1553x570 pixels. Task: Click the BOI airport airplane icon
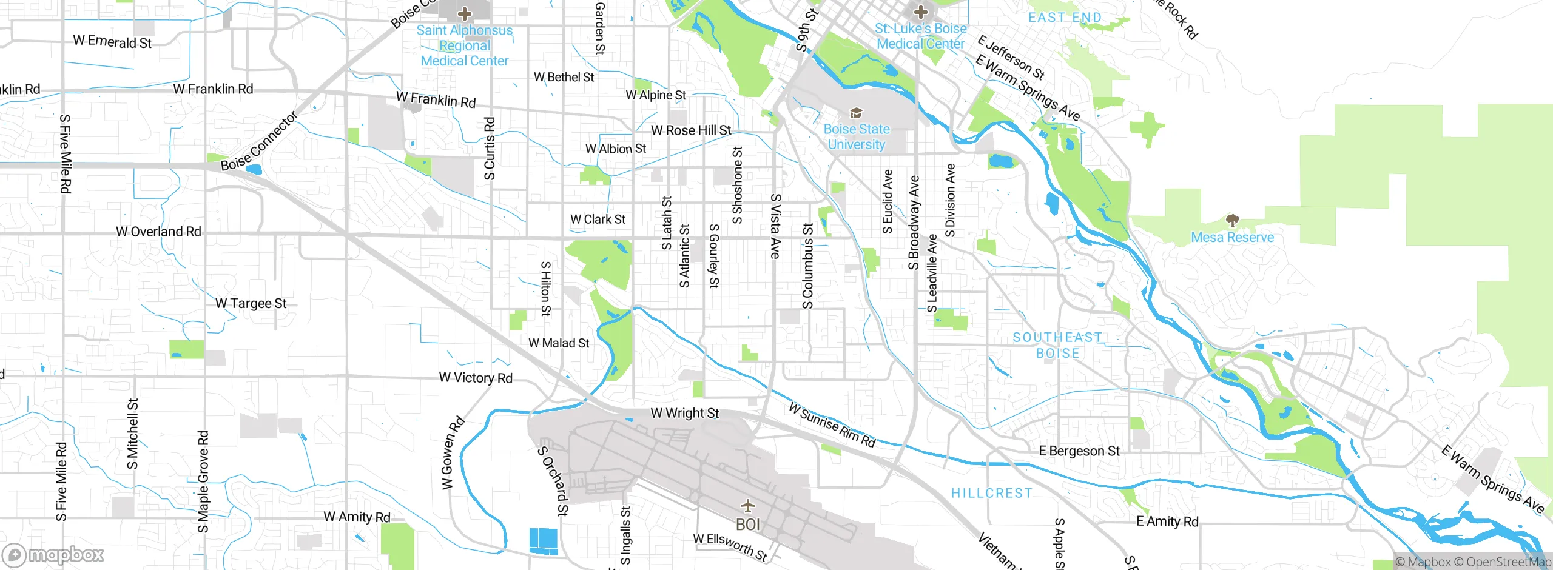pyautogui.click(x=748, y=505)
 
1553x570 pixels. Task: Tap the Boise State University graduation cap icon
pyautogui.click(x=856, y=113)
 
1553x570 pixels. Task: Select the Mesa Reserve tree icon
pyautogui.click(x=1232, y=220)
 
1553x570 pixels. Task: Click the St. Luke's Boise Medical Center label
pyautogui.click(x=920, y=36)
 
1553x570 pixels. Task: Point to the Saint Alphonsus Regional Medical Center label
pyautogui.click(x=465, y=45)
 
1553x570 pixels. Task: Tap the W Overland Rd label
pyautogui.click(x=158, y=232)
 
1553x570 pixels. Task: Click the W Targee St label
pyautogui.click(x=251, y=303)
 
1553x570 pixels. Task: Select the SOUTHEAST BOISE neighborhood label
pyautogui.click(x=1057, y=345)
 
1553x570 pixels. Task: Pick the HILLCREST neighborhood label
pyautogui.click(x=991, y=493)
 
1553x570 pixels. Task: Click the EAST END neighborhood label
pyautogui.click(x=1065, y=18)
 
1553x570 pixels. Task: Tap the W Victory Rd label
pyautogui.click(x=476, y=378)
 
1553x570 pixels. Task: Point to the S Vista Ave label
pyautogui.click(x=775, y=226)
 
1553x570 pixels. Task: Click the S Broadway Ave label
pyautogui.click(x=914, y=223)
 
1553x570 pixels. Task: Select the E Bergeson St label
pyautogui.click(x=1079, y=451)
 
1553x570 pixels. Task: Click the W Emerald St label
pyautogui.click(x=112, y=42)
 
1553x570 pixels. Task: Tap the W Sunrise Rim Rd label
pyautogui.click(x=832, y=425)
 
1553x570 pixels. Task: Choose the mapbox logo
pyautogui.click(x=53, y=555)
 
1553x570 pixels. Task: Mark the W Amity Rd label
pyautogui.click(x=357, y=517)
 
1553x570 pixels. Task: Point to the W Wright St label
pyautogui.click(x=684, y=414)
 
